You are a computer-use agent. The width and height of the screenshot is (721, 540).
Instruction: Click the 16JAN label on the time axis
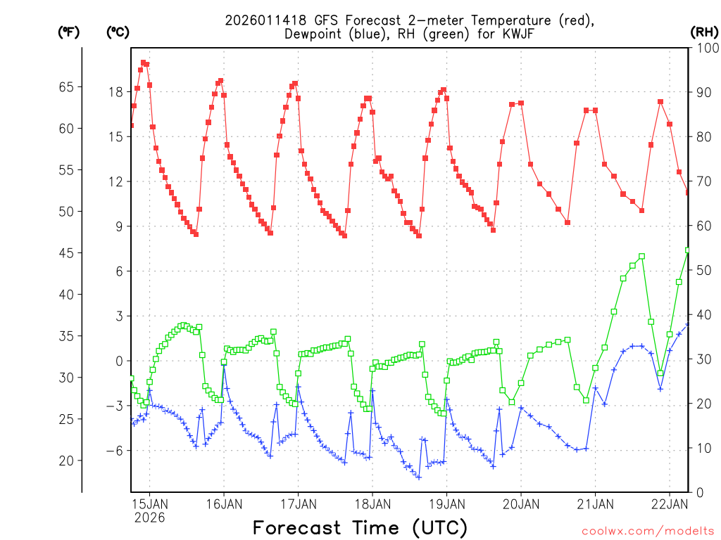[x=224, y=503]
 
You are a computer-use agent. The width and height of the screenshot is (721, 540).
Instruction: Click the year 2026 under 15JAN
[x=149, y=517]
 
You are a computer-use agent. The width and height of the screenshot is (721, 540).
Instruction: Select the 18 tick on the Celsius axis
[x=116, y=91]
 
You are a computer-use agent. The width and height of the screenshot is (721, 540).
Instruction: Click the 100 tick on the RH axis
[x=704, y=48]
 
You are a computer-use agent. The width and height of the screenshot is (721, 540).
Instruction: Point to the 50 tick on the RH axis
[x=702, y=271]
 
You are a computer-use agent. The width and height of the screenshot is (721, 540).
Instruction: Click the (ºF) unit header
[x=68, y=32]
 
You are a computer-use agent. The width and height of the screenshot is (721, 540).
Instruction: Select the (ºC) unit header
[x=117, y=32]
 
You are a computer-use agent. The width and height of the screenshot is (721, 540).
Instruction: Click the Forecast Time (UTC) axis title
[x=360, y=527]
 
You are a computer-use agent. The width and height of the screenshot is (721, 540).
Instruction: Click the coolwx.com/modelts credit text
[x=648, y=530]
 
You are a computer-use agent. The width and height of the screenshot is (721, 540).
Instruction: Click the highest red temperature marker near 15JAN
[x=143, y=63]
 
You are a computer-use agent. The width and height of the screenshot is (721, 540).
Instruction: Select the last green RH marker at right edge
[x=688, y=250]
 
